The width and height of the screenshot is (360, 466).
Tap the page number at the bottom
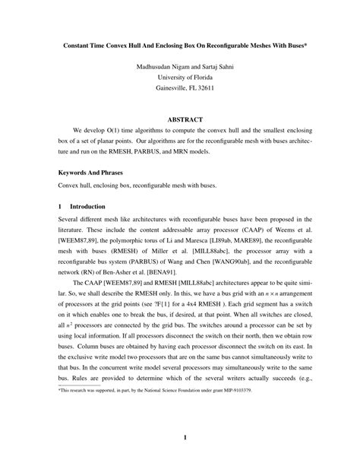click(x=180, y=439)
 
